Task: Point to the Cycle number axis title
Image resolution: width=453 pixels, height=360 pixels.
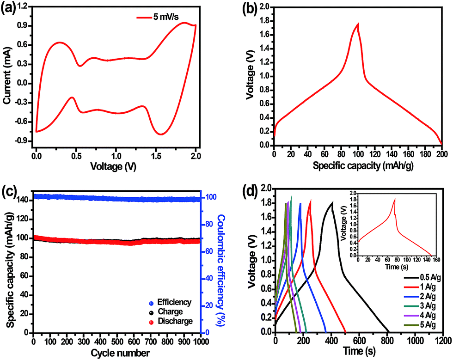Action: pyautogui.click(x=116, y=354)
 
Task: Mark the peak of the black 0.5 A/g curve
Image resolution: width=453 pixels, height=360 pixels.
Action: pyautogui.click(x=332, y=202)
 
